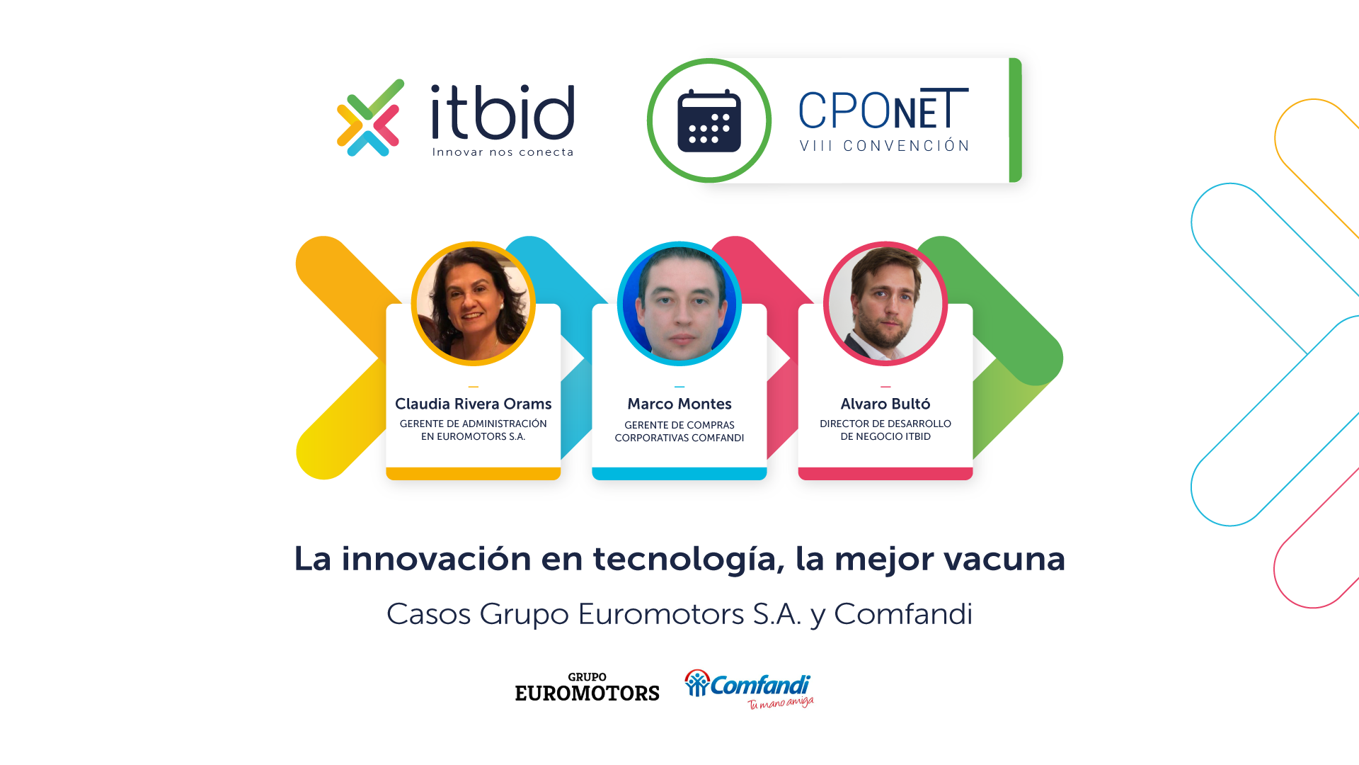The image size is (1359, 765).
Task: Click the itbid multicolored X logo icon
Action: tap(370, 118)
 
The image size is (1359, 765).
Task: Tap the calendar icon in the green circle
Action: tap(709, 120)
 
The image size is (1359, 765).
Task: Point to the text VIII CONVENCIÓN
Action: tap(885, 146)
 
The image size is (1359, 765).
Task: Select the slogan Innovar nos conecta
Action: tap(503, 152)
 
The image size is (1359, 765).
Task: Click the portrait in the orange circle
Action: tap(474, 304)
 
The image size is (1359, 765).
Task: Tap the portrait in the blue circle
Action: tap(679, 304)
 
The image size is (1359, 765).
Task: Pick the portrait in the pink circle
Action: tap(885, 304)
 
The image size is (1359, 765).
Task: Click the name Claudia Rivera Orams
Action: tap(474, 404)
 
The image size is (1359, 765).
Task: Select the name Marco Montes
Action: tap(679, 404)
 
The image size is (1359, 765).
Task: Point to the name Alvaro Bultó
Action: tap(885, 404)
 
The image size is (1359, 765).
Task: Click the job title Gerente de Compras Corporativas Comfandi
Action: tap(679, 431)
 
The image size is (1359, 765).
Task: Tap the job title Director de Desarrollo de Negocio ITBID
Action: tap(885, 430)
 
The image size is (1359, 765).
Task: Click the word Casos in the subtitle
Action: tap(428, 614)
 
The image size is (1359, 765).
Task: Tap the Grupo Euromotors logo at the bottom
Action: tap(587, 687)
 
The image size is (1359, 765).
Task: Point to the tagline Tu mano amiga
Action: tap(781, 703)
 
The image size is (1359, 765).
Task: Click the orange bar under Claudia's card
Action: tap(474, 474)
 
